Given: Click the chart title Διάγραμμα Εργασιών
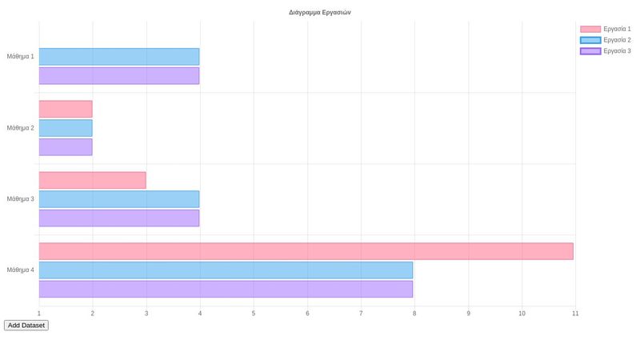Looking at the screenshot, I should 319,12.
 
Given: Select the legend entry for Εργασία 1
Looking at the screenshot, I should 606,29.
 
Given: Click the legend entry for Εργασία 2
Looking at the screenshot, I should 606,40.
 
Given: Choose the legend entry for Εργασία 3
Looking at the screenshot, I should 606,51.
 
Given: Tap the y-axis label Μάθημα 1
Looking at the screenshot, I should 20,57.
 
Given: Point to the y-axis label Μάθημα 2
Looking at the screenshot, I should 20,128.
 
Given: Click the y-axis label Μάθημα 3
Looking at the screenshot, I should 20,199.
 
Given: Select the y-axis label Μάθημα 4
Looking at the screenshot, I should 20,270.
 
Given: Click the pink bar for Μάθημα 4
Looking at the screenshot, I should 306,251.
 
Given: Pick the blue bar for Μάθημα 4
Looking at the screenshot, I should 226,270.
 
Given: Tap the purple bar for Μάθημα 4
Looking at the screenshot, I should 226,289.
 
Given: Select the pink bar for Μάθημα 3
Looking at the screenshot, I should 92,180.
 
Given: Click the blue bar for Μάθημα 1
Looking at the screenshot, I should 118,57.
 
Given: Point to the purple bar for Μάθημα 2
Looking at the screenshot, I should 66,147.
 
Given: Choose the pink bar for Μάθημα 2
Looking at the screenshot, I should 66,109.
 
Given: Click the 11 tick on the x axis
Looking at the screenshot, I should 575,314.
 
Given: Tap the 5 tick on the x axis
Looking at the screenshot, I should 254,314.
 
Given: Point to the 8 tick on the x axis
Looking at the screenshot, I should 414,314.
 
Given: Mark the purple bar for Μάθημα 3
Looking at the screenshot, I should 118,218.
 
